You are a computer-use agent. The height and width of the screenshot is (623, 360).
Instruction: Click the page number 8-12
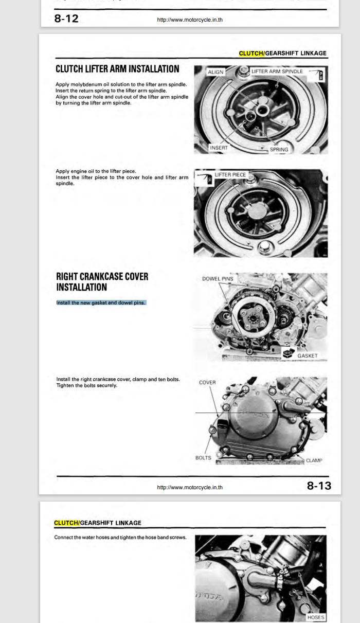click(66, 19)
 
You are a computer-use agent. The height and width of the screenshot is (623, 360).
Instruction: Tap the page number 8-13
click(319, 486)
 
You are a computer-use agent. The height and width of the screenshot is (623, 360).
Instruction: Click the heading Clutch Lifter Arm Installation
click(117, 69)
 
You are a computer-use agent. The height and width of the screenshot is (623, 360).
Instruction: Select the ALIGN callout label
click(215, 72)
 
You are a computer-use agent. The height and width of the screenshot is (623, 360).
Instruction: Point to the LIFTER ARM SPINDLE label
click(277, 72)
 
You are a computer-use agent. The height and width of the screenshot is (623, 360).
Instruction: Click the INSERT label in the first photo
click(219, 148)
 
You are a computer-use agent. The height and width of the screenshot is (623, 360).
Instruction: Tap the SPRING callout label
click(279, 150)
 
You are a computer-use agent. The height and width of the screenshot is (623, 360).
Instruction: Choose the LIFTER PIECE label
click(230, 175)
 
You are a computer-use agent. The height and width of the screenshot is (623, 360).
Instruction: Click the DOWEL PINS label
click(218, 279)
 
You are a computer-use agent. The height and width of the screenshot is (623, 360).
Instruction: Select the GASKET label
click(307, 355)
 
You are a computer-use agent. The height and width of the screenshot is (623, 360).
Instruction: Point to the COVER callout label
click(207, 382)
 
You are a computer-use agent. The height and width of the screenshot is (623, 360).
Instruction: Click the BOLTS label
click(203, 458)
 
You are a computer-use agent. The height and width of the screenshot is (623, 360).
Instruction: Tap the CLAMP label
click(314, 460)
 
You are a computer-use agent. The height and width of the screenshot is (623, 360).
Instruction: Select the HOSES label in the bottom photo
click(316, 617)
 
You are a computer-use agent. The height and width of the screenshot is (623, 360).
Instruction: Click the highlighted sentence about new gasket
click(101, 302)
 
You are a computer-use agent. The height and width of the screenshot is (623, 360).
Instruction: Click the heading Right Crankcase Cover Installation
click(102, 282)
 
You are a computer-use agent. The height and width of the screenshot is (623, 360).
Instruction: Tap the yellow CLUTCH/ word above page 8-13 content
click(251, 53)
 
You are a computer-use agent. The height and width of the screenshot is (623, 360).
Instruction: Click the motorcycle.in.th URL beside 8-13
click(190, 487)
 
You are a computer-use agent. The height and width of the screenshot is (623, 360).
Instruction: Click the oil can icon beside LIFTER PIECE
click(205, 179)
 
